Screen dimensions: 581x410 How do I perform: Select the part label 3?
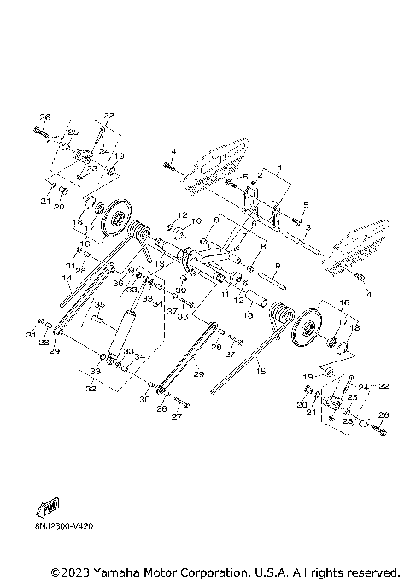click(308, 226)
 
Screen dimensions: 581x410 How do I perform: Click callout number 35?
click(98, 303)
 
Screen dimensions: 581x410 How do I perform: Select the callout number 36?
click(119, 283)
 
